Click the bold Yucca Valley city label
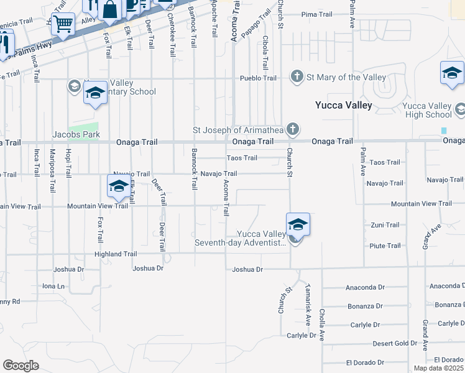(x=343, y=105)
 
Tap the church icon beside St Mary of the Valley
(x=297, y=77)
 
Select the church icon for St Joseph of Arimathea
(x=293, y=130)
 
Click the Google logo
(x=21, y=366)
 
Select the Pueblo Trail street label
(x=259, y=78)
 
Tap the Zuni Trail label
(x=385, y=225)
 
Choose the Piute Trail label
(x=385, y=246)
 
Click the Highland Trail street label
(x=116, y=254)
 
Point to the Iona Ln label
(x=53, y=286)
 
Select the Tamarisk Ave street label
(x=308, y=305)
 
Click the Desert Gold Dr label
(x=395, y=343)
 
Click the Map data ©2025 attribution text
(x=438, y=368)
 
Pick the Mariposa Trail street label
(x=53, y=163)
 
